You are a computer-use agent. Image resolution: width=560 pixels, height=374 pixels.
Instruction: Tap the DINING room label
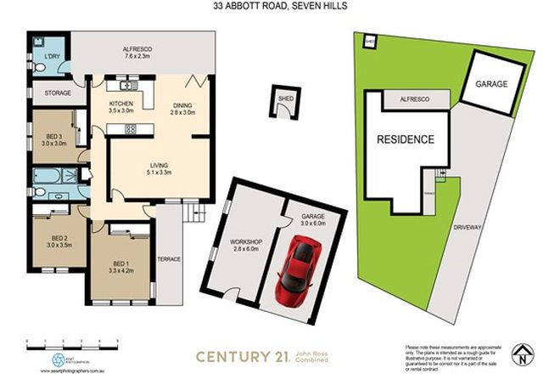click(x=182, y=105)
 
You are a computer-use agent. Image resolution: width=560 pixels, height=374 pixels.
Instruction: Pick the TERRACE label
click(x=170, y=258)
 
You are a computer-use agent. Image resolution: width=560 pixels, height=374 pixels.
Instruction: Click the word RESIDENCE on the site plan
click(x=406, y=139)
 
